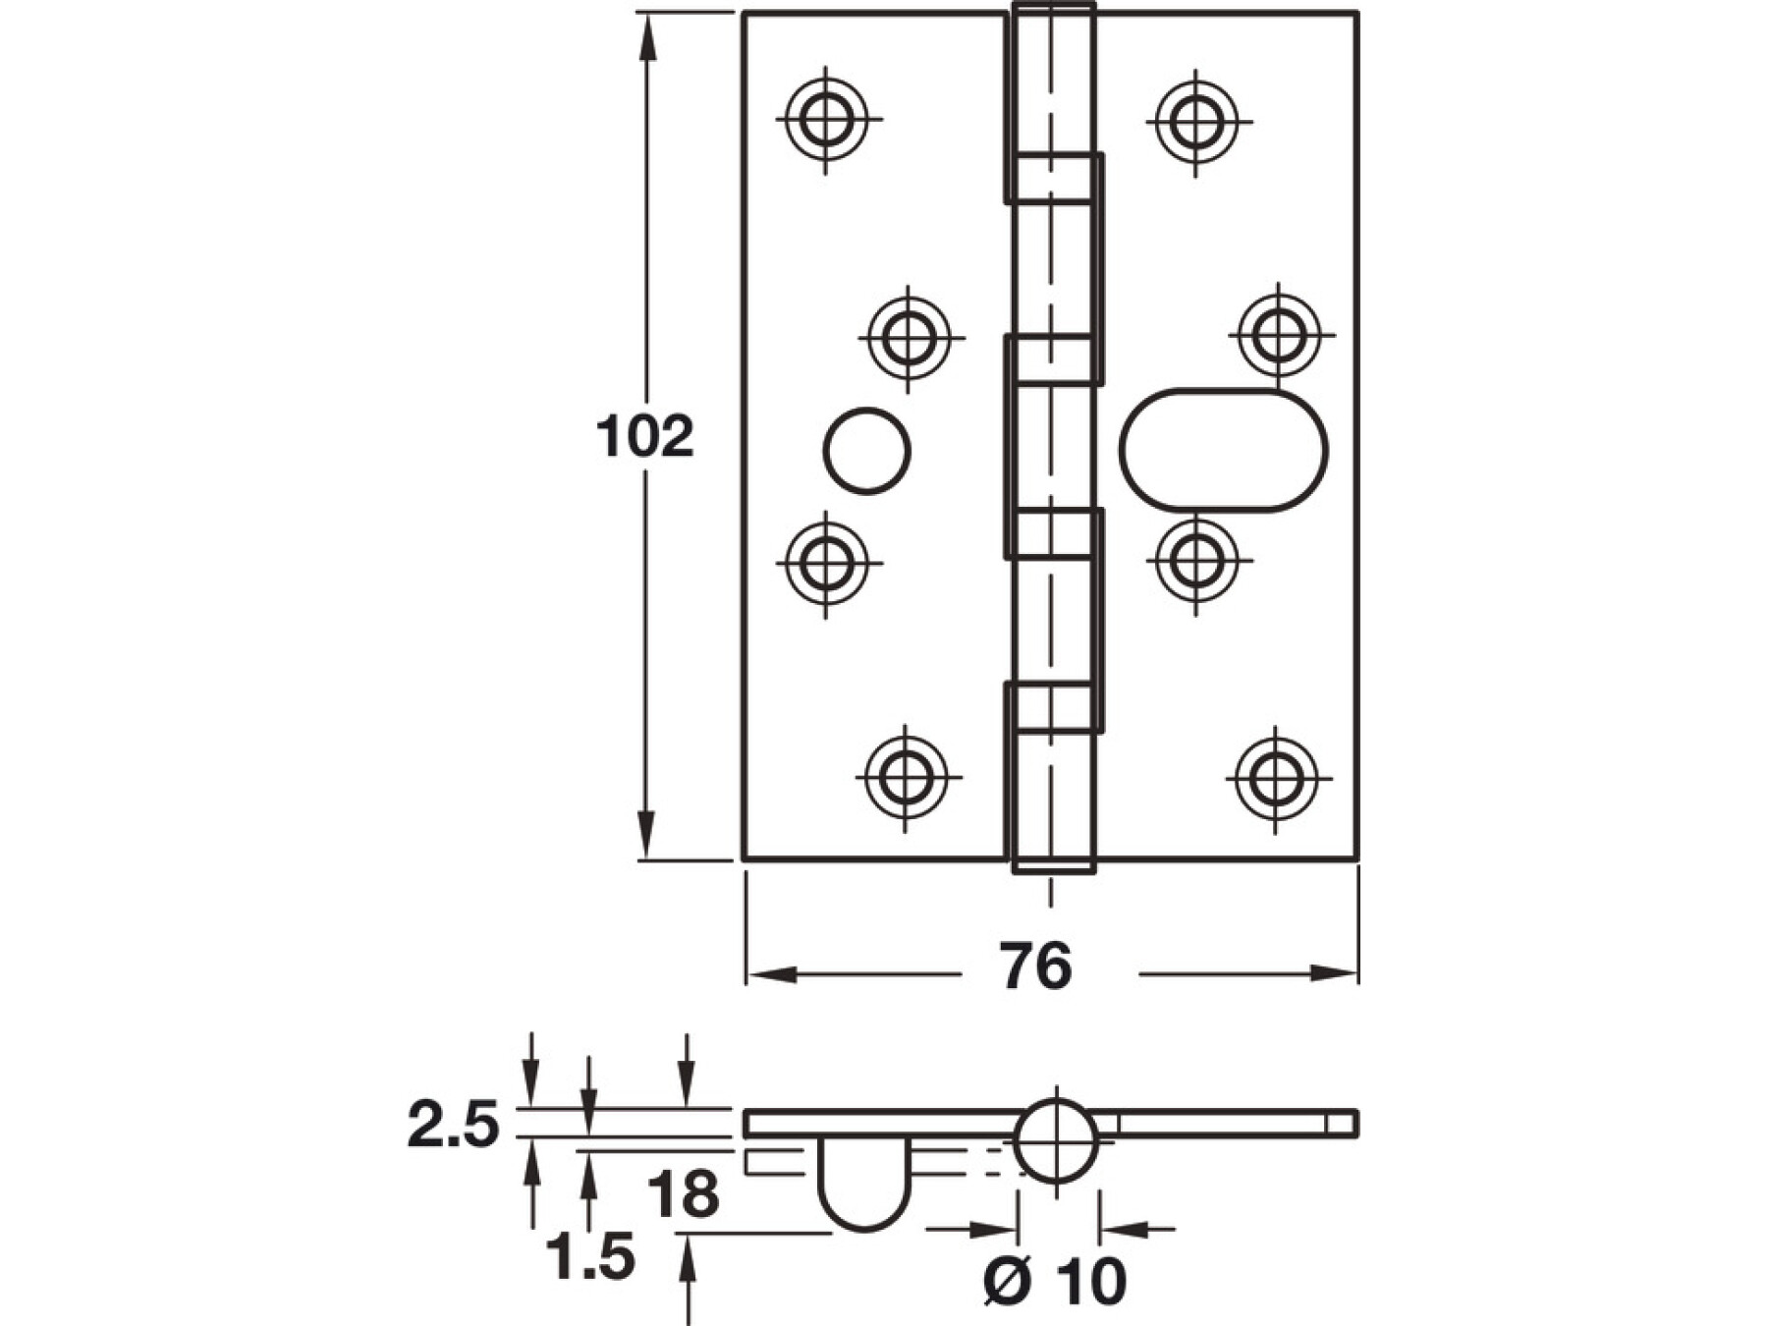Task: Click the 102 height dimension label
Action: coord(644,437)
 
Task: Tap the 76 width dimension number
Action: coord(1036,967)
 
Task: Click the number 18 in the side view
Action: coord(684,1196)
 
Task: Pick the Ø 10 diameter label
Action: coord(1054,1281)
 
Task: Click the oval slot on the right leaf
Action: coord(1223,451)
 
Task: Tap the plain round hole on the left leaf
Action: coord(866,451)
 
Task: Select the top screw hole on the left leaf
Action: coord(826,120)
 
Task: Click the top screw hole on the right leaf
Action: coord(1196,122)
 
